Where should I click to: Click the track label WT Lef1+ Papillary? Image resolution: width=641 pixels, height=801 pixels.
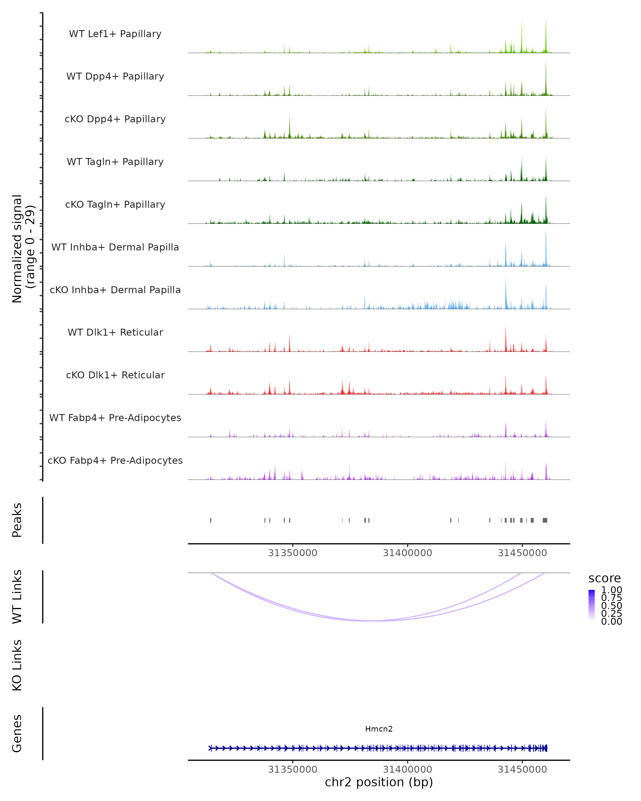point(115,34)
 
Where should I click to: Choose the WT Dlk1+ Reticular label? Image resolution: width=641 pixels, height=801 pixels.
point(115,332)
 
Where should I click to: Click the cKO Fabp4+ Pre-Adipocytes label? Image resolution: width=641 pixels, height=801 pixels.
point(115,460)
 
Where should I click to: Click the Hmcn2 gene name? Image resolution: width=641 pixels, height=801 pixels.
point(379,729)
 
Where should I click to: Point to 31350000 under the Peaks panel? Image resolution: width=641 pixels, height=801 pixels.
point(292,553)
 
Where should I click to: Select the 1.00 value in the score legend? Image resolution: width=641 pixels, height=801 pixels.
point(611,590)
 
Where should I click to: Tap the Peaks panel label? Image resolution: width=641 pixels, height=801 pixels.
point(17,520)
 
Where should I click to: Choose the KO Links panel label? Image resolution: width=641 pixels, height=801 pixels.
point(17,665)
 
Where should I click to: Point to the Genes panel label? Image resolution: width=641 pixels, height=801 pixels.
point(17,733)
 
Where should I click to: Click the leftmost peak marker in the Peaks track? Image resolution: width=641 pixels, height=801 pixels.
point(211,520)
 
